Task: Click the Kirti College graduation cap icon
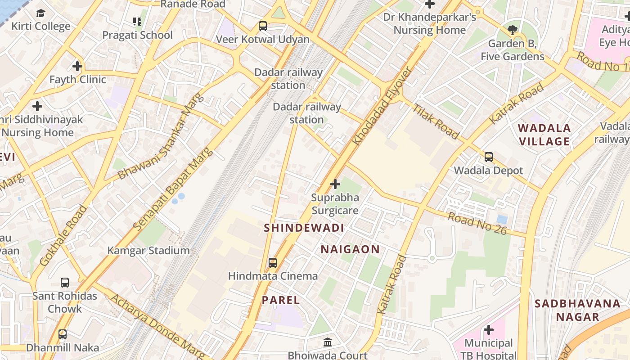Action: coord(41,13)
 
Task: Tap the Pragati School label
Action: coord(137,35)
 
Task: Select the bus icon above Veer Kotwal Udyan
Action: coord(263,26)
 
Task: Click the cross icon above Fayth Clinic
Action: coord(77,66)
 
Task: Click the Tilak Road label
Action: coord(436,121)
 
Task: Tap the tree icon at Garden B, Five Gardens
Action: coord(512,30)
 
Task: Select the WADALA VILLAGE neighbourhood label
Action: coord(544,135)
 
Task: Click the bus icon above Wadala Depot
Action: coord(489,157)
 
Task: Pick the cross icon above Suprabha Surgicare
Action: coord(335,184)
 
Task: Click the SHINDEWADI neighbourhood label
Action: coord(304,228)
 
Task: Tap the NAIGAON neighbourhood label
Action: coord(350,249)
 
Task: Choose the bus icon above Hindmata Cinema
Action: coord(273,262)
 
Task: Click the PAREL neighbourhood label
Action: coord(281,300)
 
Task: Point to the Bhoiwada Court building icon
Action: coord(328,342)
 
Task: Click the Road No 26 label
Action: coord(477,223)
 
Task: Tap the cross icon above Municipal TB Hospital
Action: coord(489,330)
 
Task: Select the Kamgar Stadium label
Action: coord(148,251)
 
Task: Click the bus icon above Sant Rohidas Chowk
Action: coord(65,283)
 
